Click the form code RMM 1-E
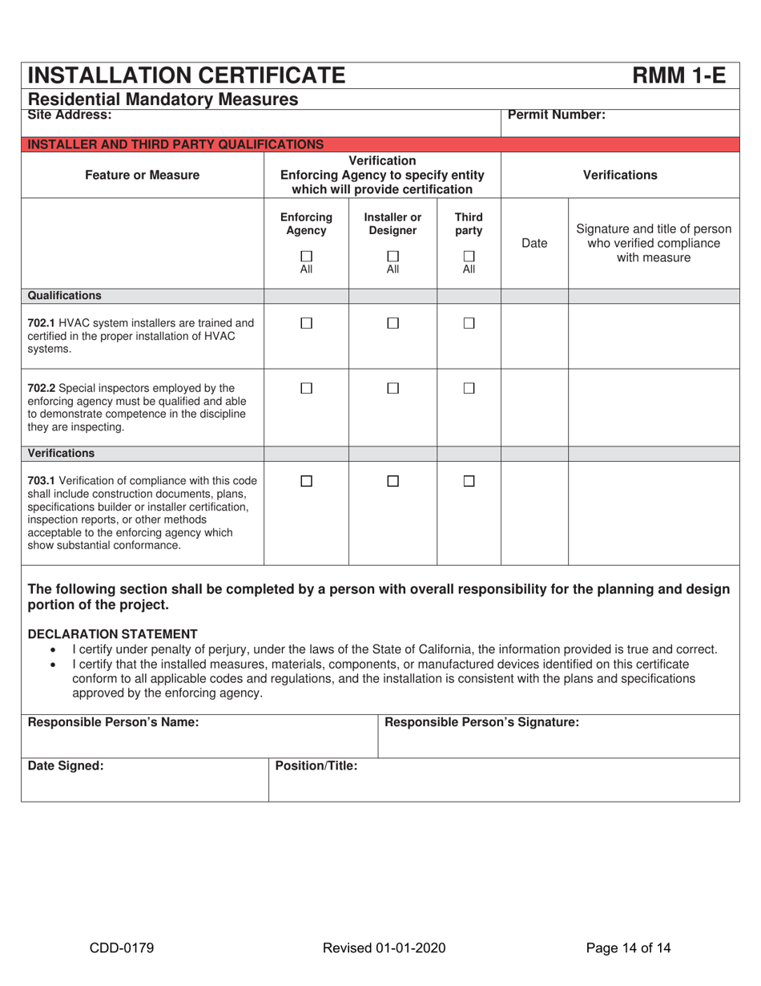(x=679, y=75)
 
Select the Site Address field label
(x=70, y=115)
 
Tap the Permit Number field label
(x=557, y=115)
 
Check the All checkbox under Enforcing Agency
(x=306, y=257)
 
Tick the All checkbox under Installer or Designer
(x=393, y=257)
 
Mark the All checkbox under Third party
(x=469, y=257)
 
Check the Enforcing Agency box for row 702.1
(x=306, y=323)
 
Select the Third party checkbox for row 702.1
(x=469, y=323)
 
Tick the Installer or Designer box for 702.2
(x=393, y=388)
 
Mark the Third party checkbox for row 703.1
(x=469, y=481)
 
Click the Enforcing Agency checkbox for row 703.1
(x=306, y=481)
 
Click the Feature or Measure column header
(x=143, y=175)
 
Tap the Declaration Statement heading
(x=112, y=633)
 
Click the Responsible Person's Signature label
(x=481, y=722)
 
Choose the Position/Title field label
(x=316, y=766)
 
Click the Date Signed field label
(x=66, y=766)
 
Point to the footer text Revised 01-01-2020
(x=384, y=948)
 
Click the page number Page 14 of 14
(x=628, y=948)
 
